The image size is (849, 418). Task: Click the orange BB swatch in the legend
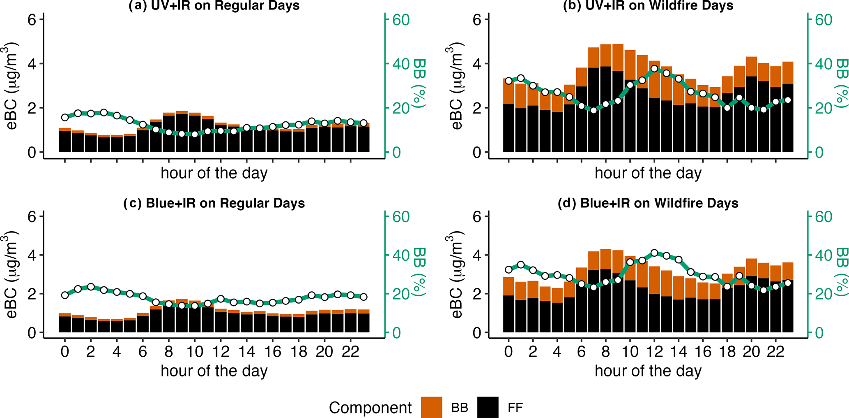pyautogui.click(x=431, y=407)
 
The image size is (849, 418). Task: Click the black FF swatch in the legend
pyautogui.click(x=488, y=407)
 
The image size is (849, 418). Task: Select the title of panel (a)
pyautogui.click(x=214, y=6)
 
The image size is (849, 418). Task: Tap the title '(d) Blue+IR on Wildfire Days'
pyautogui.click(x=648, y=203)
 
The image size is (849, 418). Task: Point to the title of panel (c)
pyautogui.click(x=214, y=203)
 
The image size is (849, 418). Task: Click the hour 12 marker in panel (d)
pyautogui.click(x=654, y=253)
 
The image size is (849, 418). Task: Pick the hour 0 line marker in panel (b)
pyautogui.click(x=509, y=81)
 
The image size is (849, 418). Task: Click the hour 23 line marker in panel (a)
pyautogui.click(x=363, y=123)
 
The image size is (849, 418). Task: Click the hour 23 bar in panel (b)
pyautogui.click(x=787, y=107)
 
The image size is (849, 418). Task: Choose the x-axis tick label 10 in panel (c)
pyautogui.click(x=195, y=352)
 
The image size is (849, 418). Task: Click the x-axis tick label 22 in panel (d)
pyautogui.click(x=775, y=352)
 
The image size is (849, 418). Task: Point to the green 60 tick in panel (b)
pyautogui.click(x=823, y=20)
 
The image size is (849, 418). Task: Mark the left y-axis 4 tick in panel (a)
pyautogui.click(x=32, y=64)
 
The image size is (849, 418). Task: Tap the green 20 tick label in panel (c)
pyautogui.click(x=401, y=294)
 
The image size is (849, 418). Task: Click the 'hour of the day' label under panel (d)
pyautogui.click(x=648, y=371)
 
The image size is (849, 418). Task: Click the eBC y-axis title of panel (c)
pyautogui.click(x=12, y=274)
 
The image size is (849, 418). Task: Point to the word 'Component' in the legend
pyautogui.click(x=370, y=408)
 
